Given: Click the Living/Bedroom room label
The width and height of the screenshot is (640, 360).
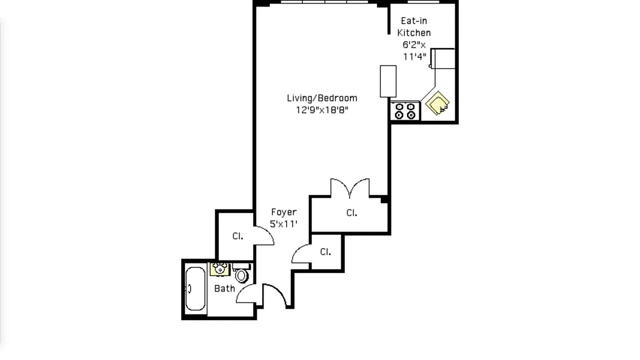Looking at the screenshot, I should [x=322, y=98].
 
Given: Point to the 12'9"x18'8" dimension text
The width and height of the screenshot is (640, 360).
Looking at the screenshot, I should [x=322, y=110].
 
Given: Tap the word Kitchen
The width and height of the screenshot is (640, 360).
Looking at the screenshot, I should [x=414, y=33].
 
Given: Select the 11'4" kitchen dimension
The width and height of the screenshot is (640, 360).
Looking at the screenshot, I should [x=415, y=56].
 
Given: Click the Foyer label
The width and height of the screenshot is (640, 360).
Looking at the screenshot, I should [x=284, y=212].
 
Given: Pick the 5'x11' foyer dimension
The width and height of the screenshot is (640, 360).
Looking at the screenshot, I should [x=284, y=224].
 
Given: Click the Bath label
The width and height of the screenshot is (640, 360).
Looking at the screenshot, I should [x=224, y=288].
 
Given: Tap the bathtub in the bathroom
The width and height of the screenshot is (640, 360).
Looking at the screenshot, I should [x=195, y=288].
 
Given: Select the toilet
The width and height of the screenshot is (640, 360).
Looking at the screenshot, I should [x=242, y=274].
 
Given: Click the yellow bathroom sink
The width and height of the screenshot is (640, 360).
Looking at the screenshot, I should [x=220, y=269].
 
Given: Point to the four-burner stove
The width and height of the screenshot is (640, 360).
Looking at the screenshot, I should [x=405, y=111].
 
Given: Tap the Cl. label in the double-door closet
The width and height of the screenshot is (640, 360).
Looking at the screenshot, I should [x=352, y=213].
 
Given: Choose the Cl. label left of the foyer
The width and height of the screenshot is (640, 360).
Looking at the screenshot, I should [x=238, y=236].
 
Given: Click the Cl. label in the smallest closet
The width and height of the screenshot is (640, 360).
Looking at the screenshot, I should [x=325, y=252].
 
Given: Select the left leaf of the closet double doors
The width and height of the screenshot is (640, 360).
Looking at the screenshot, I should [x=340, y=188].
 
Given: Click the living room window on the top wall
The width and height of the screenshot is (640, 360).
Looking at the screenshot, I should [x=325, y=2].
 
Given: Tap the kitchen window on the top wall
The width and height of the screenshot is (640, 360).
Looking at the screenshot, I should [x=423, y=2].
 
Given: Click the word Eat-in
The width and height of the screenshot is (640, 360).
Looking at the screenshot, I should [x=414, y=21].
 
